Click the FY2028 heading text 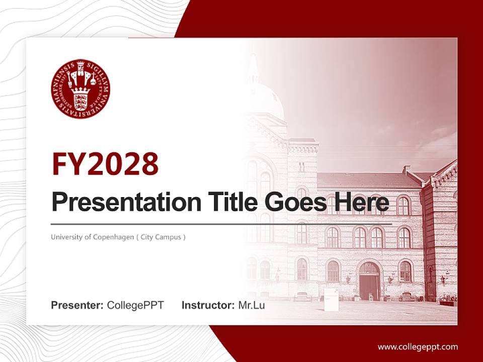pyautogui.click(x=105, y=164)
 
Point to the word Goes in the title pyautogui.click(x=293, y=202)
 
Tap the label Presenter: pyautogui.click(x=77, y=305)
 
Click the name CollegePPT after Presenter pyautogui.click(x=135, y=305)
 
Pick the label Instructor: pyautogui.click(x=208, y=305)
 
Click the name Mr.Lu pyautogui.click(x=252, y=305)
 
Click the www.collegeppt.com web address pyautogui.click(x=418, y=346)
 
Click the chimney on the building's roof pyautogui.click(x=407, y=169)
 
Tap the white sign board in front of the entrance pyautogui.click(x=331, y=300)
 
